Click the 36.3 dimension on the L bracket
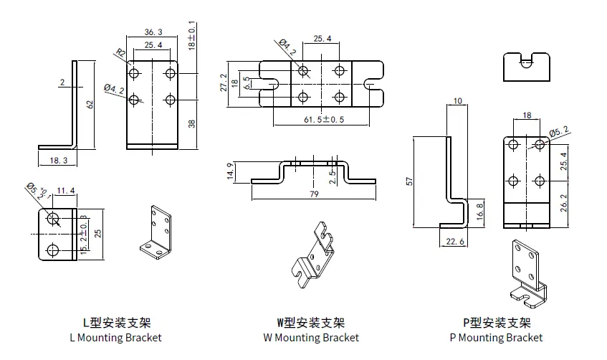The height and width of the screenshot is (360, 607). point(153,32)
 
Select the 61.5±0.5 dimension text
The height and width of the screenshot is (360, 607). point(321,119)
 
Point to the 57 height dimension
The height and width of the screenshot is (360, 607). point(409,181)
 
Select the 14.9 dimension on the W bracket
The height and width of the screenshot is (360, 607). point(229,171)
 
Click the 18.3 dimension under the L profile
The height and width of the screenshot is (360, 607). point(59,161)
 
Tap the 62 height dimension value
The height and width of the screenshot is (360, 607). point(90,104)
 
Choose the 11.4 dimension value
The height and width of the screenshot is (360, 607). point(65,191)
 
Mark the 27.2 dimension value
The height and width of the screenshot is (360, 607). point(224,83)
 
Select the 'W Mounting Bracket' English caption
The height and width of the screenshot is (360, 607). point(311,337)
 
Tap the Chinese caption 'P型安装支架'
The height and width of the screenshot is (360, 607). point(497,323)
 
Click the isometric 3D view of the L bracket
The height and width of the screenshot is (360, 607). point(156,235)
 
